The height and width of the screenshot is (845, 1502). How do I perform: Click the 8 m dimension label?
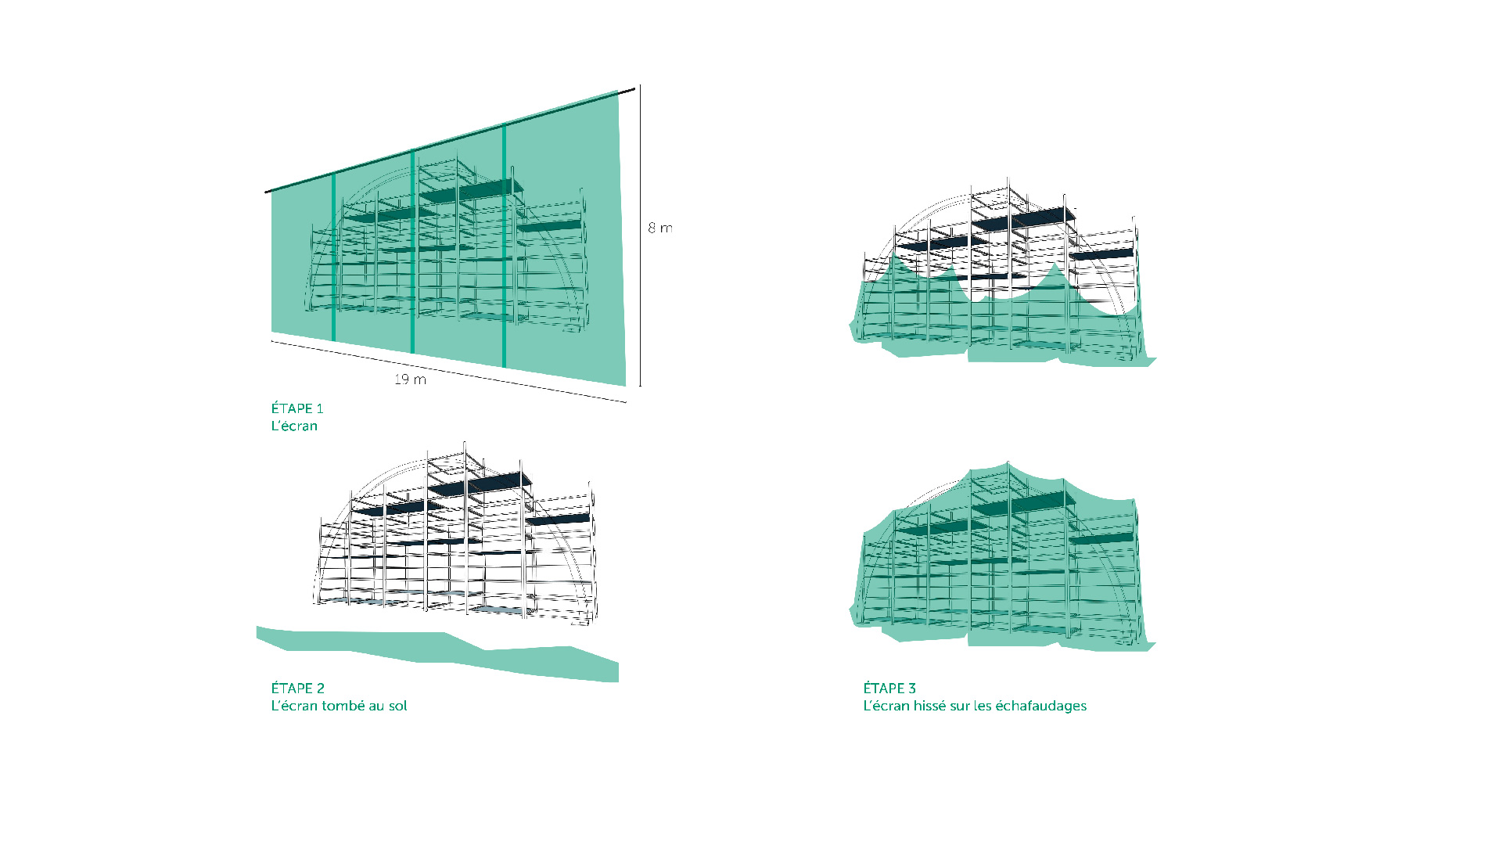coord(659,228)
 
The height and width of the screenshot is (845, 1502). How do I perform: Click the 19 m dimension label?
coord(410,379)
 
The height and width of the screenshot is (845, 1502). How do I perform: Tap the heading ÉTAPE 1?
coord(297,408)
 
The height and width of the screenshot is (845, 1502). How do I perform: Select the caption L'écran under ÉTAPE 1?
coord(294,426)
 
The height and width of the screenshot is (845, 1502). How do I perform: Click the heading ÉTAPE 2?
coord(297,688)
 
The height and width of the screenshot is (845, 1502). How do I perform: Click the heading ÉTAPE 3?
coord(889,688)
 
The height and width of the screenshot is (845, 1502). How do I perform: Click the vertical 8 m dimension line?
coord(640,236)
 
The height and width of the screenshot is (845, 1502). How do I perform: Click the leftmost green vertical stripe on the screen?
coord(334,257)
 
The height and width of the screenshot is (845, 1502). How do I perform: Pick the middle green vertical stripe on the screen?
coord(413,250)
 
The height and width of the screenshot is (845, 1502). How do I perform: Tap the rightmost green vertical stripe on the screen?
coord(504,246)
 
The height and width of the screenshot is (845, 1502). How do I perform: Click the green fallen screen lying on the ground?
coord(438,653)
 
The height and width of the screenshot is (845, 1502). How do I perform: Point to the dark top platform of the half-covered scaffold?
coord(1023,219)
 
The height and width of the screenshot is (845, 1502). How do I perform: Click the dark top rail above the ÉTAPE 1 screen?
coord(450,140)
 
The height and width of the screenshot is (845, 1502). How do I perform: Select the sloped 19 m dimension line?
coord(449,372)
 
